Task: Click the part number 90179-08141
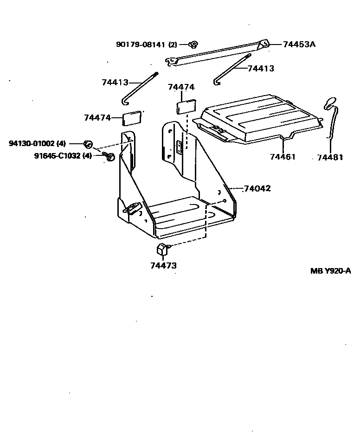[x=141, y=45]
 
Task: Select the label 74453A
[x=300, y=45]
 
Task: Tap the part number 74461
[x=283, y=157]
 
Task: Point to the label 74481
[x=330, y=158]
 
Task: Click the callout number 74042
[x=257, y=189]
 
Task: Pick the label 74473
[x=163, y=266]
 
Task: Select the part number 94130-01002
[x=31, y=143]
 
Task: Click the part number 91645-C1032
[x=57, y=156]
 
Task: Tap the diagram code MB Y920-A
[x=330, y=271]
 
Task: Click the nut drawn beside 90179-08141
[x=194, y=45]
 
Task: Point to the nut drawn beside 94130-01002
[x=88, y=143]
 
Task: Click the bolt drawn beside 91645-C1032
[x=110, y=157]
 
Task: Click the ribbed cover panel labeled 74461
[x=260, y=118]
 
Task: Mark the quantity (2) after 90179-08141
[x=173, y=45]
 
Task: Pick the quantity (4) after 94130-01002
[x=62, y=143]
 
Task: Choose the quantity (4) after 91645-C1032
[x=87, y=156]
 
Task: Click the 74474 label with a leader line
[x=97, y=118]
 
